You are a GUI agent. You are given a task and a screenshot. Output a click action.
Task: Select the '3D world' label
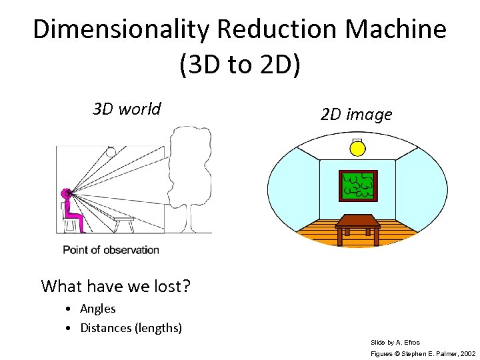coord(127,109)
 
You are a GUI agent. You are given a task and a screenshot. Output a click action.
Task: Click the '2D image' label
coord(356,115)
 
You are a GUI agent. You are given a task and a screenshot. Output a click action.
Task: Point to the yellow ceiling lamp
coord(358,147)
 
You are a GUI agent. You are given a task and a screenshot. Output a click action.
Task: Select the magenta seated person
coord(73,213)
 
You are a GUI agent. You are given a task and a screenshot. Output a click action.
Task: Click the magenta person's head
coord(66,194)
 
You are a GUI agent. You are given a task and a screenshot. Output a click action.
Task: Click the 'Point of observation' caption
coord(111,250)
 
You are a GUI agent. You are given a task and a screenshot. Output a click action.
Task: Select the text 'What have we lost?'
coord(116,286)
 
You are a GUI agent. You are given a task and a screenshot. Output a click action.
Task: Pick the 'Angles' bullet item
coord(97,309)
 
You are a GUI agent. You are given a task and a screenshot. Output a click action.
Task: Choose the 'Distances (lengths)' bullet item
coord(131,328)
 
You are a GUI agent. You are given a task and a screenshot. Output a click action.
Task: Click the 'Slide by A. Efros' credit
coord(395,342)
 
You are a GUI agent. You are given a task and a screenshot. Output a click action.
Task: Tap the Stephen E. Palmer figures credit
coord(423,353)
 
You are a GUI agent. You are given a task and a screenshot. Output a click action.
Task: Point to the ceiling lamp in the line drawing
coord(111,151)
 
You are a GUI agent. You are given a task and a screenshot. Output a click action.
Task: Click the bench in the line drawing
coord(123,223)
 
